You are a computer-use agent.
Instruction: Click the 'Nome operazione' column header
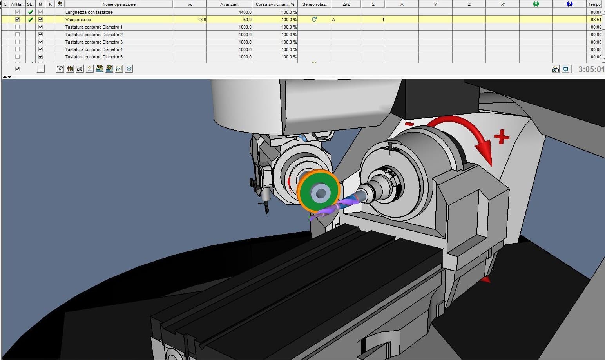point(119,4)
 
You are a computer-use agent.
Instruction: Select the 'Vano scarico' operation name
point(78,20)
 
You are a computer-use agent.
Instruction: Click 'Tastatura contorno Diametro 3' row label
point(94,42)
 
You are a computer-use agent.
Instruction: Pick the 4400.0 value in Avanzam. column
point(245,12)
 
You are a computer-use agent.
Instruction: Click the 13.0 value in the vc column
point(202,20)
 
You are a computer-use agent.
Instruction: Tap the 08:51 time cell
point(596,20)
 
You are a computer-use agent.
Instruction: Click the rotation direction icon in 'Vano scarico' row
point(314,19)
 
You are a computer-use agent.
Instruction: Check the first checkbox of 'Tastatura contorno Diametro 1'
point(17,27)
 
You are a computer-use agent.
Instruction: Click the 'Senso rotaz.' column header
point(314,4)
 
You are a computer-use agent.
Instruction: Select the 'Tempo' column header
point(594,4)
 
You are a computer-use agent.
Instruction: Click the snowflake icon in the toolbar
point(129,69)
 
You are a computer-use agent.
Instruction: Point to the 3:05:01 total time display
point(591,69)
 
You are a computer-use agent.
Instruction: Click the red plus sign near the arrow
point(501,137)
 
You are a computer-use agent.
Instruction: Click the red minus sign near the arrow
point(409,124)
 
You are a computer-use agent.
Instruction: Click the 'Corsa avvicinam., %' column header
point(275,4)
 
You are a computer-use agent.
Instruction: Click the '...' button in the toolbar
point(40,69)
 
